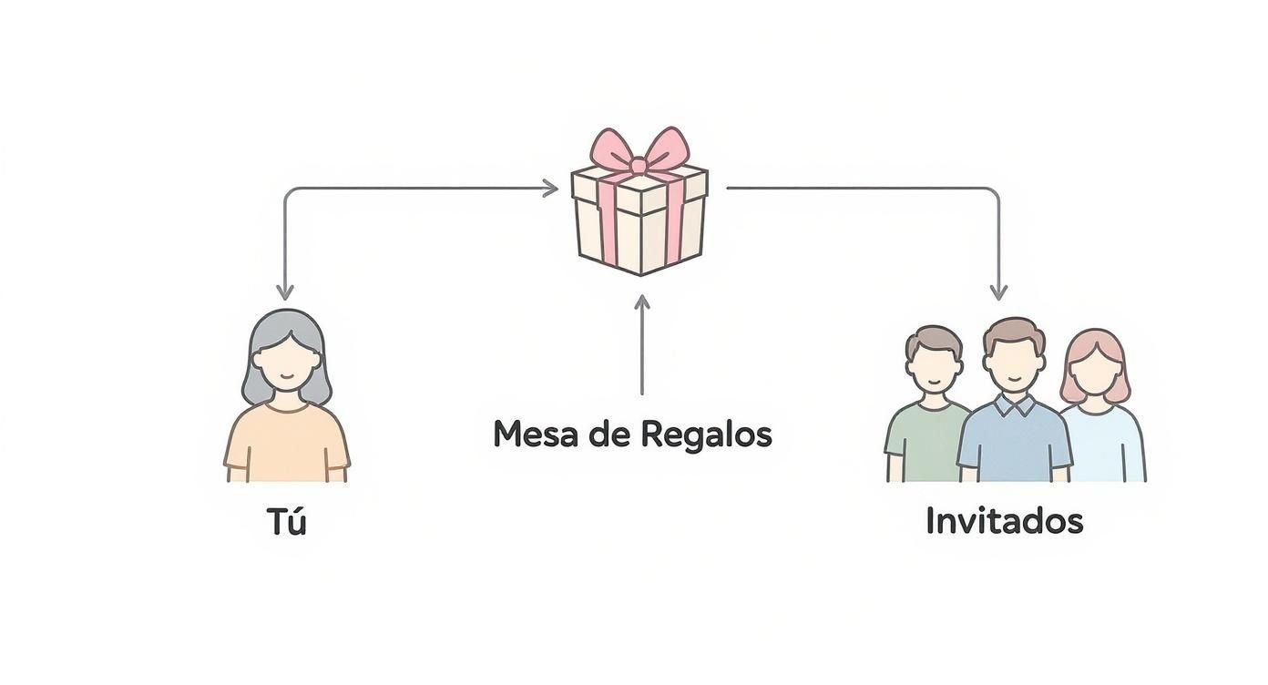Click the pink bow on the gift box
(x=639, y=150)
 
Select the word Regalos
(x=706, y=435)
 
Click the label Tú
(x=287, y=522)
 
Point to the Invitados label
(x=1004, y=521)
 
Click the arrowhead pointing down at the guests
(x=998, y=292)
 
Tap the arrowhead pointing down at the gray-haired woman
(x=285, y=292)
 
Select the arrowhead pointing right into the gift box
(x=550, y=189)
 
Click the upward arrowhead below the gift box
(x=642, y=302)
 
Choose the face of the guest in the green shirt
(x=934, y=366)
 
